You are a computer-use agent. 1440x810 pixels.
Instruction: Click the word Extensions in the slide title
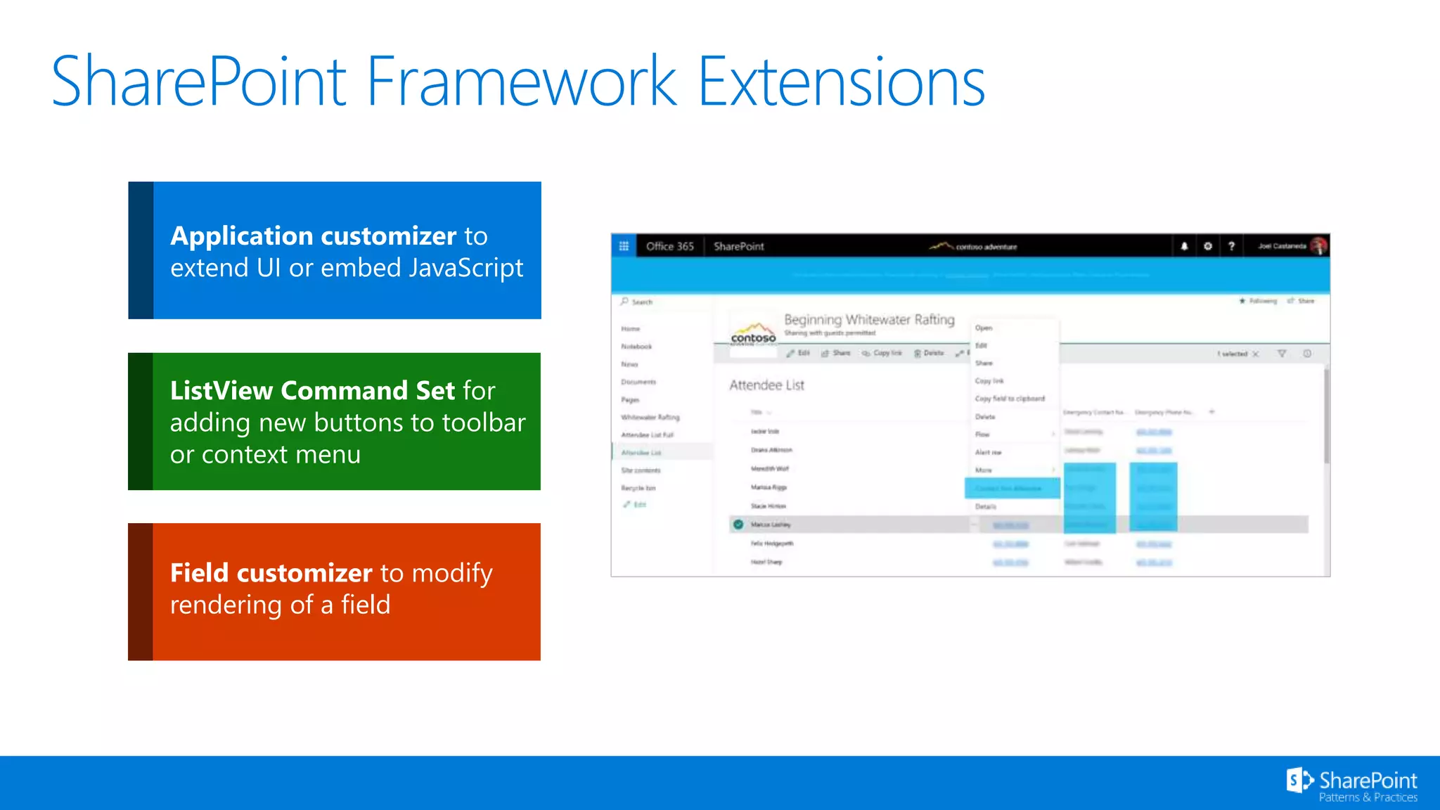841,82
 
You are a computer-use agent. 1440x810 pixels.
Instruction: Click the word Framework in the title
520,82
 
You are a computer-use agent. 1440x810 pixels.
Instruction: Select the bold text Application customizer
314,236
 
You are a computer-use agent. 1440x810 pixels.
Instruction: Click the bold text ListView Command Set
312,391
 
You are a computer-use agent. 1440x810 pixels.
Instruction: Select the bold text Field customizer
271,573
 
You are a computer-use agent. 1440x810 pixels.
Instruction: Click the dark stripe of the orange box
140,591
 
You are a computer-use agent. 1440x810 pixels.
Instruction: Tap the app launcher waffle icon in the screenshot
624,246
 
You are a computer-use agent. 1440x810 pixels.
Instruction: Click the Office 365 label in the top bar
669,246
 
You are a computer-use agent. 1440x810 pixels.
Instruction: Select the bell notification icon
1184,246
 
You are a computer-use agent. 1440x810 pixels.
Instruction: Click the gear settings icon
1208,246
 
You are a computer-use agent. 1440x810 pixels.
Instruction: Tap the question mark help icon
1231,246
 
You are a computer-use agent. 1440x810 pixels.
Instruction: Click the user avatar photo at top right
1318,246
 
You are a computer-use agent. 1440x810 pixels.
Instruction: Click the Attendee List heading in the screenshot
766,385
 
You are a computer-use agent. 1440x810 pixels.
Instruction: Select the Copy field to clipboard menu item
1010,399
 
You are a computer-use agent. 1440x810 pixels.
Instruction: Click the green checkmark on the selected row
738,525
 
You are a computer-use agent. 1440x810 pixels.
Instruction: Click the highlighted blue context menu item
1012,488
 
